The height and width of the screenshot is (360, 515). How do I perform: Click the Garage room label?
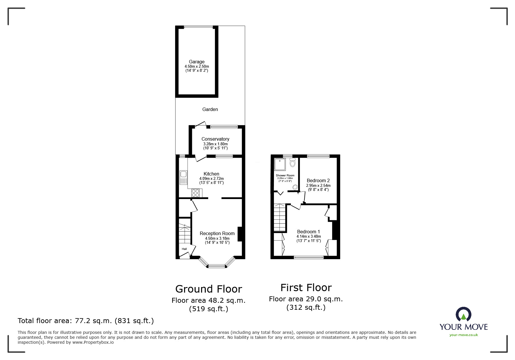coord(197,62)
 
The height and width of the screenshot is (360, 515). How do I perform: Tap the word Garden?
coord(210,109)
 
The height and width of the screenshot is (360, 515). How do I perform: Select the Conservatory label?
coord(215,139)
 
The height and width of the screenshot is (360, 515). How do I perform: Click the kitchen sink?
coord(183,178)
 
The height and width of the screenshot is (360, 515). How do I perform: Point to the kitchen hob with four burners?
coord(196,193)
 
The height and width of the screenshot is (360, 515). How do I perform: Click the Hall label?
coord(184,249)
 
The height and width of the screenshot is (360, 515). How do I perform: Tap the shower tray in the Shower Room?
coord(280,164)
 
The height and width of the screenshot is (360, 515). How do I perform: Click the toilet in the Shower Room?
coord(292,163)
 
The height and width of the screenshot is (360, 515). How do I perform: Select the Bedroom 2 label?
coord(318,180)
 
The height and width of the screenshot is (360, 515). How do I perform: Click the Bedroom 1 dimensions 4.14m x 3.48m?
coord(309,237)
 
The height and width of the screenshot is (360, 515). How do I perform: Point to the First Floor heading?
coord(306,288)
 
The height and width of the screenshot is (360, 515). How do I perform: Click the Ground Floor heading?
coord(209,289)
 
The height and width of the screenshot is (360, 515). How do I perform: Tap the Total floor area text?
coord(86,321)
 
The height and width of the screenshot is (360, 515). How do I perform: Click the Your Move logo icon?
coord(463,314)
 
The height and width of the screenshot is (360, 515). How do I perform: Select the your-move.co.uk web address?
coord(464,335)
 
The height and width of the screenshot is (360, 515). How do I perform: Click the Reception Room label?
coord(217,233)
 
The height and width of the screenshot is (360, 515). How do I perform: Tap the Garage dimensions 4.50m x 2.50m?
coord(197,67)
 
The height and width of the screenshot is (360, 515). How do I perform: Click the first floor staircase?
coord(280,218)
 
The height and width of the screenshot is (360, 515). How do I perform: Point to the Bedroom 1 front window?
coord(309,257)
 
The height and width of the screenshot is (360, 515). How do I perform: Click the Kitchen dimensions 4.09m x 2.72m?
coord(211,179)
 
